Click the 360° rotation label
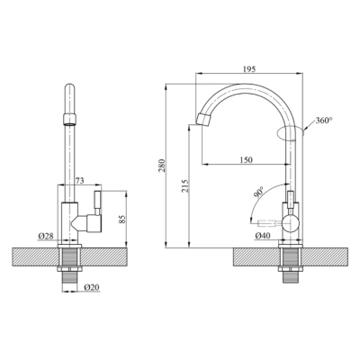pos(322,120)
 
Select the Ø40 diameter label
pos(264,236)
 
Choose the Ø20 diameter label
pos(89,287)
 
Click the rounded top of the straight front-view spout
pos(69,89)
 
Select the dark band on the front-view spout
pos(69,118)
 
